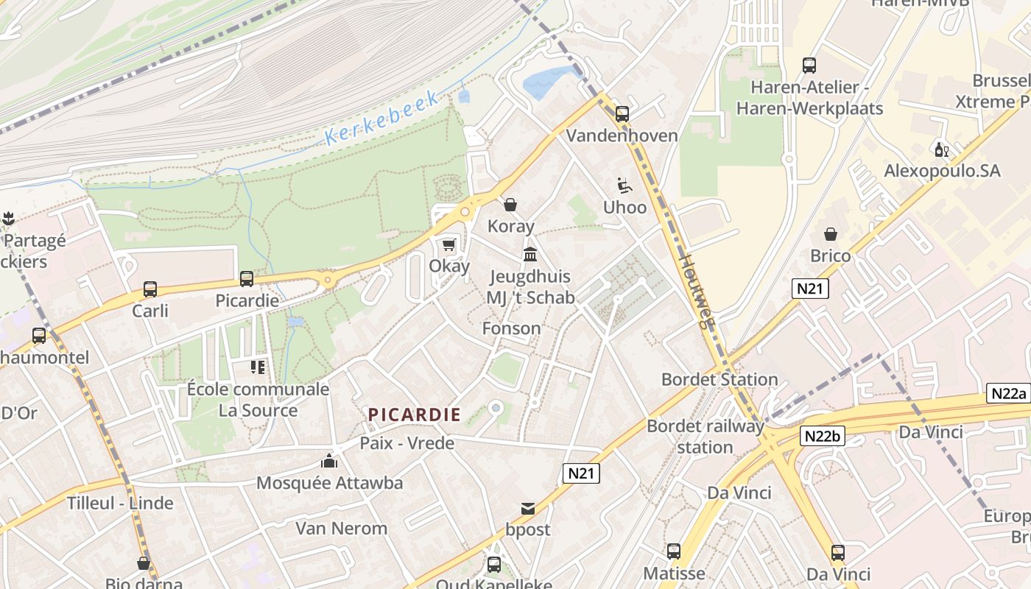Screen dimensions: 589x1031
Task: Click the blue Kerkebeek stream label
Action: (382, 116)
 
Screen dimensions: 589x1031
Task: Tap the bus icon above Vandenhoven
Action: (622, 113)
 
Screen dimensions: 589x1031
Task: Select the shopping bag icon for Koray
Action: (510, 204)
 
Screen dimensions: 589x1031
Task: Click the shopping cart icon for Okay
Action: (448, 244)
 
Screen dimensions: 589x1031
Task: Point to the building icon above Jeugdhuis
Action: (529, 255)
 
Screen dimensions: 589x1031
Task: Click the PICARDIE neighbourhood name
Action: (415, 415)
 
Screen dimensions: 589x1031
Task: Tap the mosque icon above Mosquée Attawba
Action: (328, 462)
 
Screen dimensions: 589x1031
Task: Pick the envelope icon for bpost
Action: (528, 508)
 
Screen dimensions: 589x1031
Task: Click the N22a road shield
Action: (1008, 393)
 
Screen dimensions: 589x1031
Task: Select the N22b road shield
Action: (821, 436)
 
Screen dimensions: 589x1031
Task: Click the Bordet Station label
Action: (719, 379)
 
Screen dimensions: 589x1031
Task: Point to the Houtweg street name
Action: (696, 290)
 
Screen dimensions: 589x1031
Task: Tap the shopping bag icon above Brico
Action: (831, 234)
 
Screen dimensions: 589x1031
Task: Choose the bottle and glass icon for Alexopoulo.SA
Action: (941, 149)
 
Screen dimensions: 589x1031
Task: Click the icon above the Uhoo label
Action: (624, 186)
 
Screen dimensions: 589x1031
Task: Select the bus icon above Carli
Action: (150, 289)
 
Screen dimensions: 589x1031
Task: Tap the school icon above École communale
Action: (257, 366)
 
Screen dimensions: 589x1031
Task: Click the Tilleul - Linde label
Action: (120, 504)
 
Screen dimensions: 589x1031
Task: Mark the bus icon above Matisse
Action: (673, 551)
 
